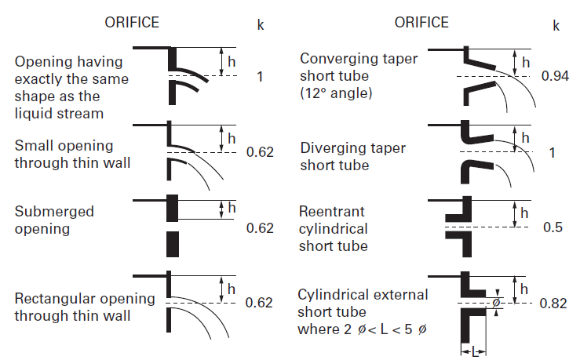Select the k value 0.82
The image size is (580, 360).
[x=553, y=303]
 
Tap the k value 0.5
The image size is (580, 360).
[x=553, y=227]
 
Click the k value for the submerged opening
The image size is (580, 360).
[x=260, y=228]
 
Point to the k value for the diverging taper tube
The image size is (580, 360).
[x=553, y=152]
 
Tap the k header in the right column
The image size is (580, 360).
[x=556, y=25]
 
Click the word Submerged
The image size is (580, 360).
[x=54, y=213]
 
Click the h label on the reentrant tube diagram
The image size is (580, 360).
[x=525, y=212]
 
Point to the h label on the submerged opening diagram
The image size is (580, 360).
[x=231, y=207]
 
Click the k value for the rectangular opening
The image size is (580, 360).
[x=260, y=303]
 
